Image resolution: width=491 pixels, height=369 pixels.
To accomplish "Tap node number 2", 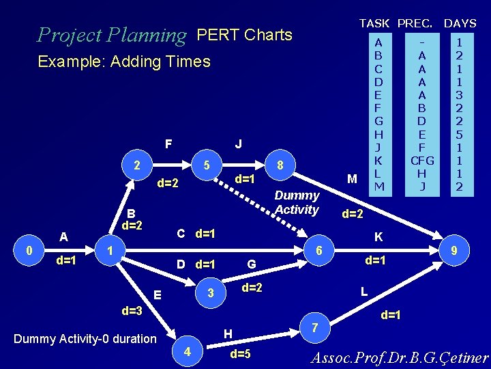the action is click(x=138, y=165).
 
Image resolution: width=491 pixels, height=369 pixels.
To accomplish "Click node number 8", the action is click(x=279, y=165).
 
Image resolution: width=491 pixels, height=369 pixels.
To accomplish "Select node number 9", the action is click(x=452, y=251).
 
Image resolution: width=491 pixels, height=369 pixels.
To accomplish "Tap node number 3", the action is click(x=211, y=293).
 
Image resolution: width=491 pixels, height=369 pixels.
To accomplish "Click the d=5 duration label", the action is click(x=240, y=354).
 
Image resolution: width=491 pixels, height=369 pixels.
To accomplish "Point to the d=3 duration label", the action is click(x=132, y=312).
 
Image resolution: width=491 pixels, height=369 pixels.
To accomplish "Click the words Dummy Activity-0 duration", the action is click(x=85, y=338).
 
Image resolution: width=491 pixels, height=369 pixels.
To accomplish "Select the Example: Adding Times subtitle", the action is click(x=124, y=61).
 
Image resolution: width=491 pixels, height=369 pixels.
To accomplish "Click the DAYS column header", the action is click(x=460, y=23).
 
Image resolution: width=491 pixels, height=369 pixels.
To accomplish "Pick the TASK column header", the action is click(x=375, y=23).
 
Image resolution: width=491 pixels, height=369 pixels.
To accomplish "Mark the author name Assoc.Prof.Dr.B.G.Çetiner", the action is click(x=400, y=358).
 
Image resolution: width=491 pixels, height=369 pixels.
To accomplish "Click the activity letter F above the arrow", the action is click(x=168, y=145).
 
